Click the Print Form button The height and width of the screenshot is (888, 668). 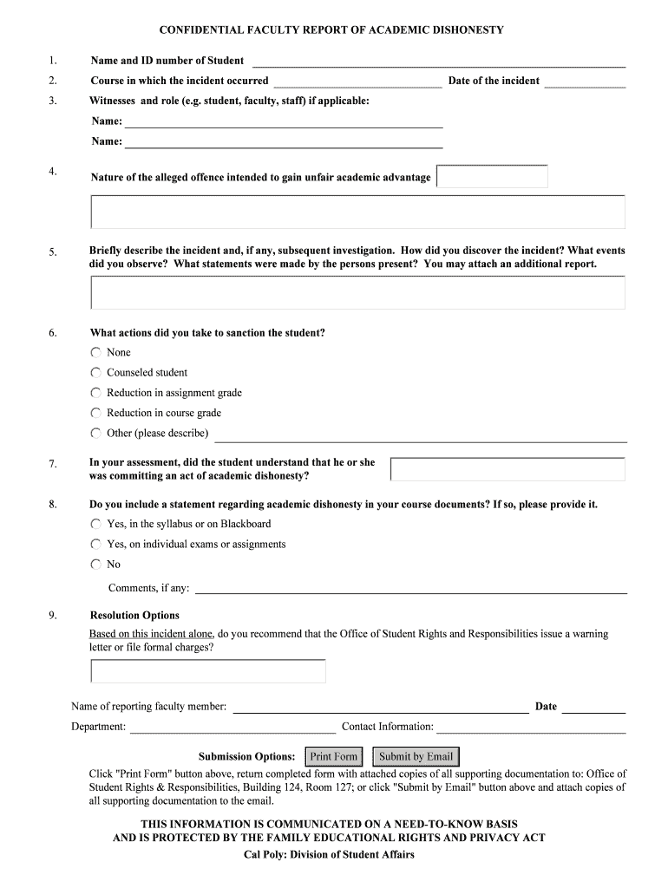pos(334,756)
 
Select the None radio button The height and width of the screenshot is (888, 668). pos(95,352)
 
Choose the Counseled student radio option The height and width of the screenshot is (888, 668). pos(95,372)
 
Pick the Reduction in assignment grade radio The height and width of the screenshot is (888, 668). pos(95,393)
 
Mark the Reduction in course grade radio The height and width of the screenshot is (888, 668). pos(95,413)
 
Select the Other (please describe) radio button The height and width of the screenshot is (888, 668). pos(95,433)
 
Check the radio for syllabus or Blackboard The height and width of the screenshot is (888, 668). pos(95,524)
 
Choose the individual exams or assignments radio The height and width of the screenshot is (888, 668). pos(95,544)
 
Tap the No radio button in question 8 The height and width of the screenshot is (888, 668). pos(95,564)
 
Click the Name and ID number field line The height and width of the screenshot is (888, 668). pos(438,61)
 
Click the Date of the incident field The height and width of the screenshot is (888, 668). pos(584,82)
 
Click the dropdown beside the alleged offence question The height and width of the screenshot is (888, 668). pos(493,177)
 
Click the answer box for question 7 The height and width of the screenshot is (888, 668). pos(508,469)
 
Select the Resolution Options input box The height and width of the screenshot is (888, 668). pos(208,671)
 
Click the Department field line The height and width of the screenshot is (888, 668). pos(232,727)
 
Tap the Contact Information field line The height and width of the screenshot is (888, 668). pos(531,727)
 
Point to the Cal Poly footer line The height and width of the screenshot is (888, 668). pos(329,855)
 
